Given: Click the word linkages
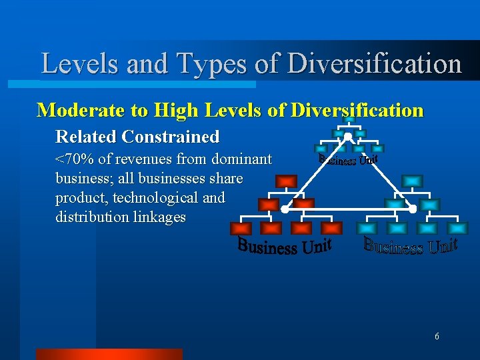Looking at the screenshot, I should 160,217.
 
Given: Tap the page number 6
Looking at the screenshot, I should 437,336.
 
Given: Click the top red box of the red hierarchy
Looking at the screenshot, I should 286,181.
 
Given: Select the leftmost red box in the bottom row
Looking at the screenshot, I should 240,228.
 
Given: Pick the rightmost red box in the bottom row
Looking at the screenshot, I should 331,228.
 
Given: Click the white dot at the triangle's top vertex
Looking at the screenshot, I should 347,137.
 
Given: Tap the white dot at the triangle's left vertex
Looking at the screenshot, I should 285,209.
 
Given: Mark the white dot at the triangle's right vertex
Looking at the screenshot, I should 412,209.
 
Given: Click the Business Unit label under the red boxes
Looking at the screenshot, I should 285,247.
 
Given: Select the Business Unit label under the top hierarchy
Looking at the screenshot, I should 348,160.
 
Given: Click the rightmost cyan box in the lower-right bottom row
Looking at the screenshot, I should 458,228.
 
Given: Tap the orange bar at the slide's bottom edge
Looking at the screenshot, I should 109,354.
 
